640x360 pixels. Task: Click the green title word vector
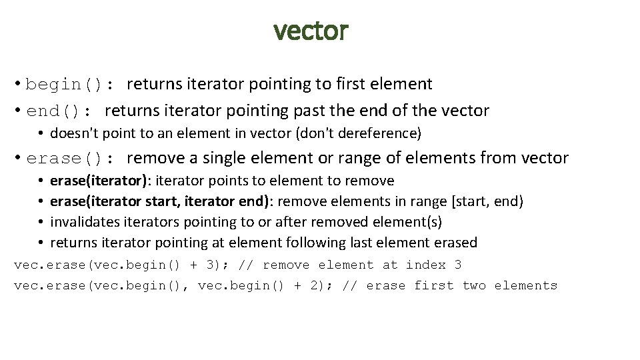[x=311, y=30]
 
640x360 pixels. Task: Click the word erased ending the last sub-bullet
[x=457, y=243]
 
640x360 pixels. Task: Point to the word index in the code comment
[x=426, y=265]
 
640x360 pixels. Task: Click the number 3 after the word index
[x=458, y=265]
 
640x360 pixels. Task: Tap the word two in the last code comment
[x=474, y=285]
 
